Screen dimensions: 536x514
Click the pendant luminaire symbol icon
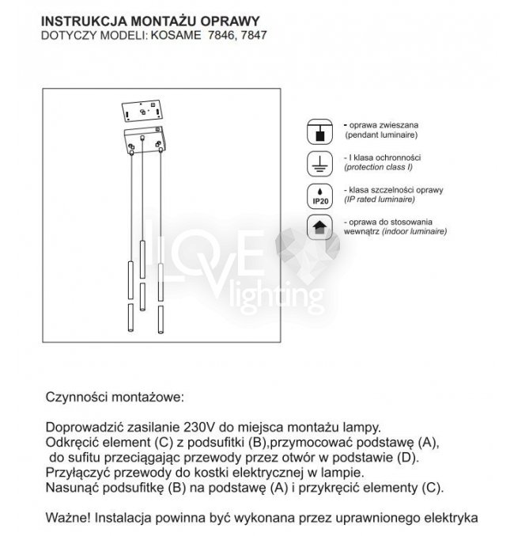tap(319, 131)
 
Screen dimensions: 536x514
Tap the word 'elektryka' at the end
tap(450, 518)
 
